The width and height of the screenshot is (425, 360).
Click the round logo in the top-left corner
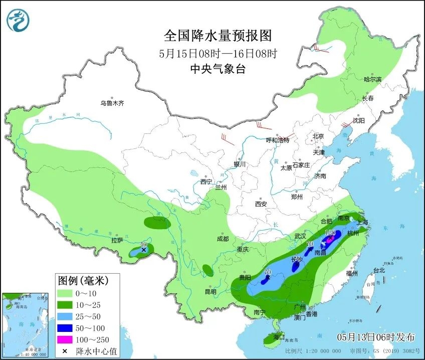18,20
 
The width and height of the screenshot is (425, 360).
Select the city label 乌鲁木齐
112,103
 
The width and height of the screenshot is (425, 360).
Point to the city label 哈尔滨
372,79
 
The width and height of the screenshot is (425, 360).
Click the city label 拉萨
117,240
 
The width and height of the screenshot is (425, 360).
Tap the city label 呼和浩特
277,140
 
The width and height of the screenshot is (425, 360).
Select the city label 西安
261,204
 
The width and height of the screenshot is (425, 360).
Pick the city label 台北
379,270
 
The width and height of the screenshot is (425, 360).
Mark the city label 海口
278,336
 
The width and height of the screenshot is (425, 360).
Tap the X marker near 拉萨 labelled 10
144,249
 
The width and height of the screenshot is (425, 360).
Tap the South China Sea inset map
26,323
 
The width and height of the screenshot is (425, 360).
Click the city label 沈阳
358,120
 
